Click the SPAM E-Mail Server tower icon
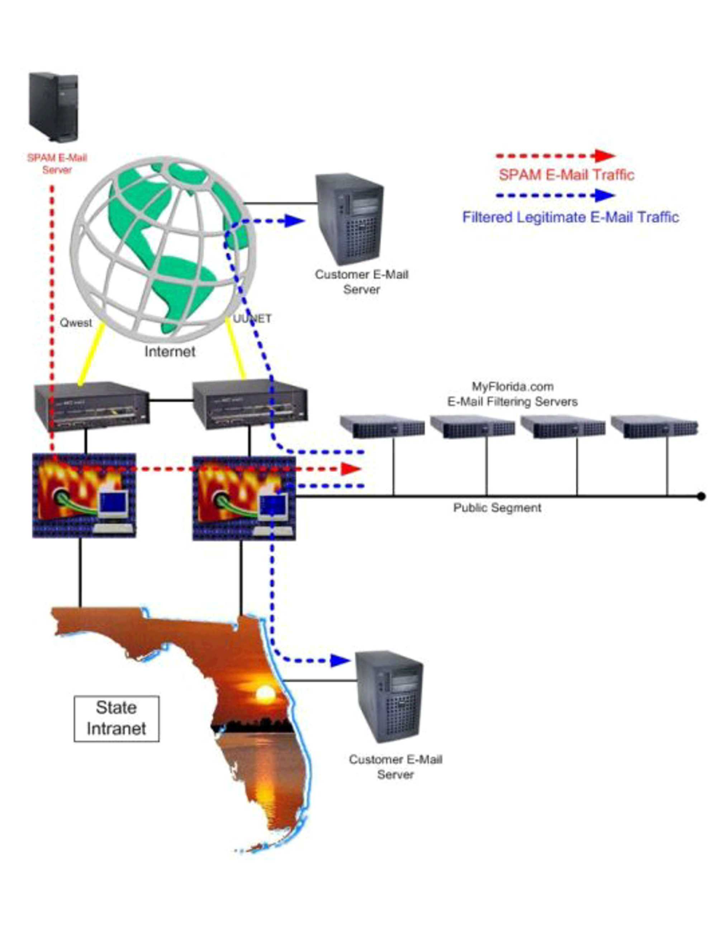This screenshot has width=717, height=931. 53,107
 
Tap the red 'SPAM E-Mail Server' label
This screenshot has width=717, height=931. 57,164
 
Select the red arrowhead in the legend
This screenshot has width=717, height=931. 604,156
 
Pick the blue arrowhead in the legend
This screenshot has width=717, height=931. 604,195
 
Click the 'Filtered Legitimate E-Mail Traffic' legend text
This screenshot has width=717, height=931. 570,217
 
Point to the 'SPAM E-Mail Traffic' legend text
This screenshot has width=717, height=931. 566,175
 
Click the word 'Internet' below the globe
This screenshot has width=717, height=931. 169,351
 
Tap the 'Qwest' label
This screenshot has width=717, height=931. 76,323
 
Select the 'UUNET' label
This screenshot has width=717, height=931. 252,319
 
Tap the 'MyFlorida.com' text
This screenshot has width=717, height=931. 512,387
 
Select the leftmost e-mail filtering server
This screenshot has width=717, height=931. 382,427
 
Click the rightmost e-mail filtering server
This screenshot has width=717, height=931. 654,427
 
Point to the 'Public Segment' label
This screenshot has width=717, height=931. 497,508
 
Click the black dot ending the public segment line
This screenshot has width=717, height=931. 701,496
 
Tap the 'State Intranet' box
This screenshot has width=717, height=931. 117,718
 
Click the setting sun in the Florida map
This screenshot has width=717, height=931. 265,693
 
